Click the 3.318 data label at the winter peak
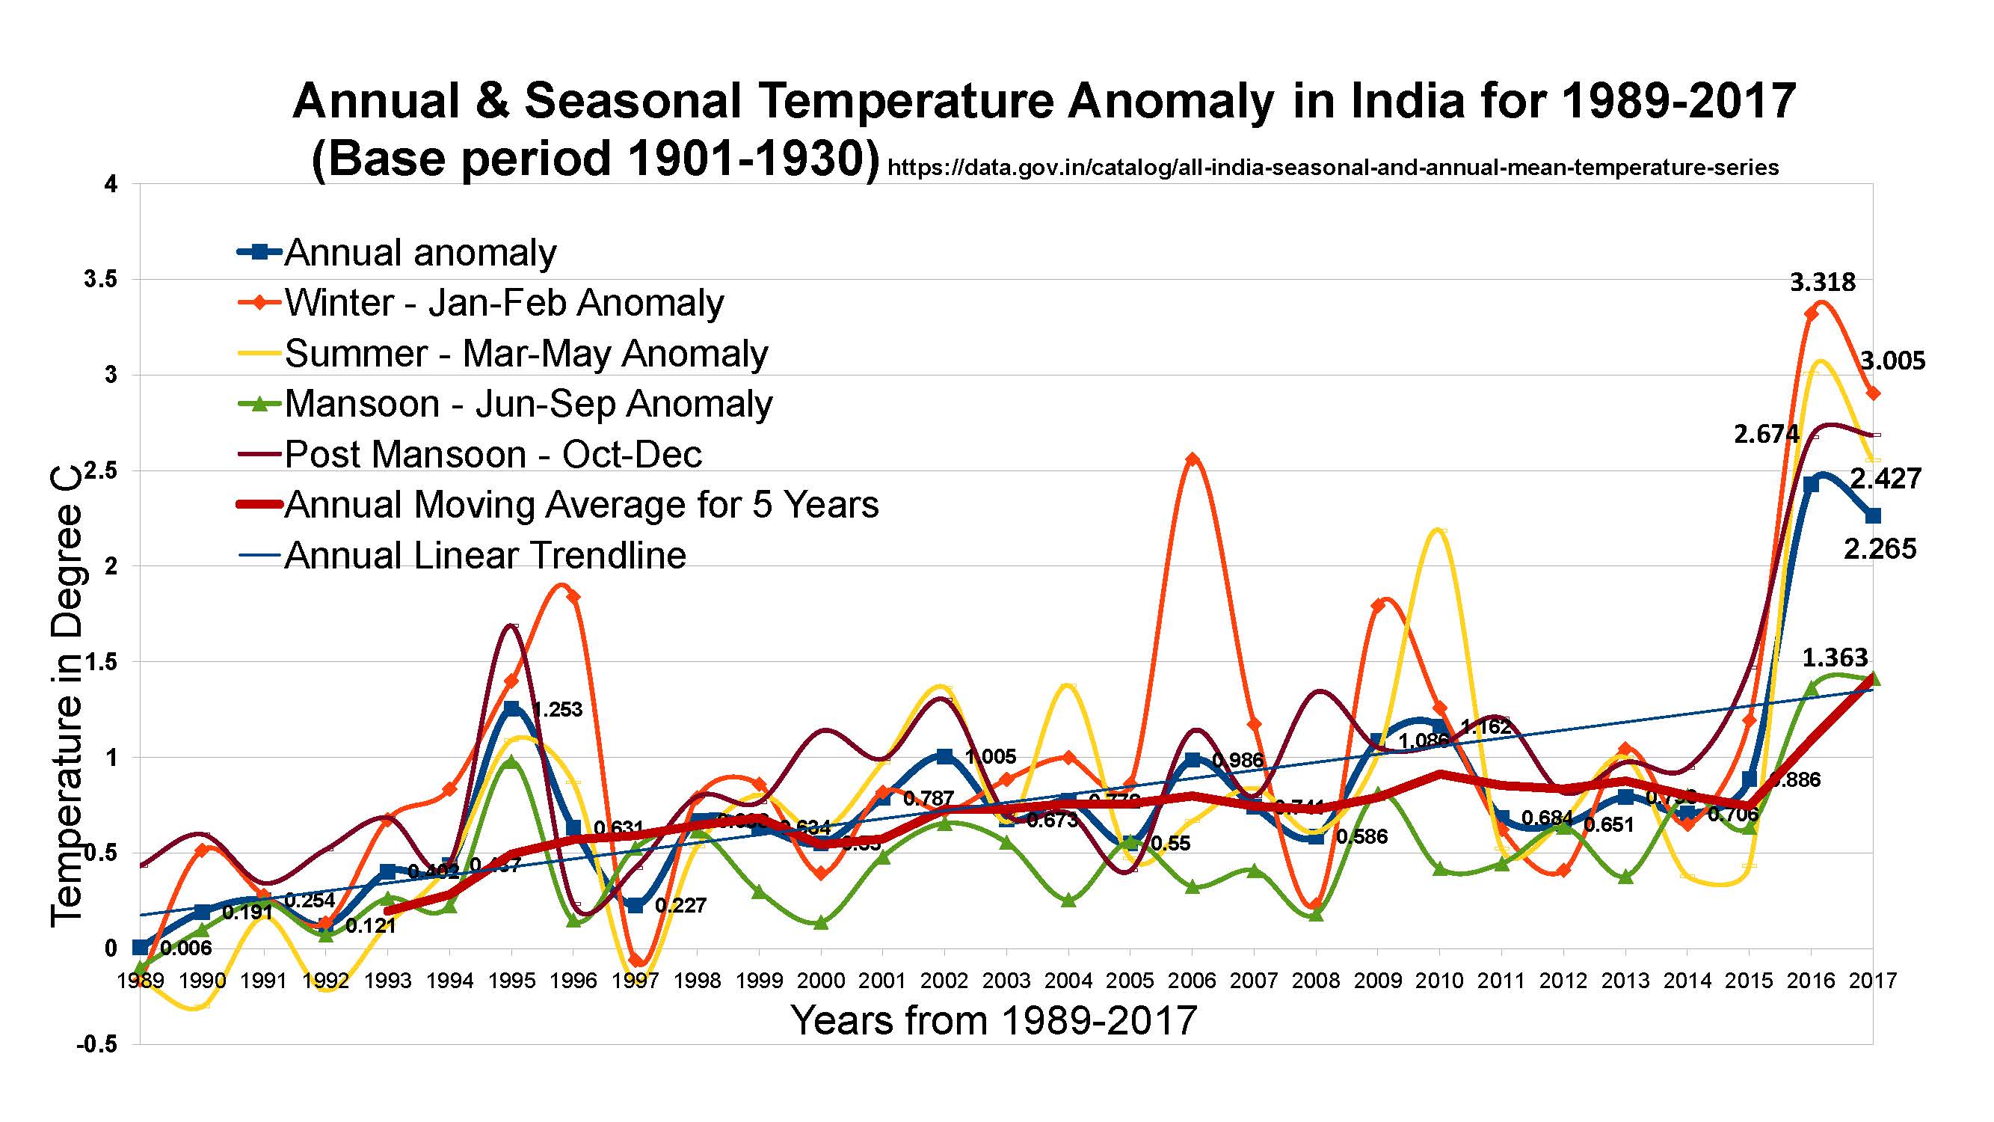tap(1822, 283)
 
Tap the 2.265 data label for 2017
tap(1880, 549)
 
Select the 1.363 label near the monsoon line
tap(1835, 657)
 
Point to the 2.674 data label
tap(1767, 435)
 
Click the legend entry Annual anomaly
tap(419, 252)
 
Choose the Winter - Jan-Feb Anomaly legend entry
tap(504, 303)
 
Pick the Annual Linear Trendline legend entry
tap(485, 555)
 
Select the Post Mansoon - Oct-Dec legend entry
tap(493, 455)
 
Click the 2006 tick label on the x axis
tap(1192, 981)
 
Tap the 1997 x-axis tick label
tap(636, 981)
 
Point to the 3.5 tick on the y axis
tap(101, 280)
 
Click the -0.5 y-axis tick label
tap(96, 1044)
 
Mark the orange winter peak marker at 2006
tap(1193, 459)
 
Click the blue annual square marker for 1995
tap(511, 708)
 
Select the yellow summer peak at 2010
tap(1440, 530)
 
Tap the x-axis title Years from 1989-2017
tap(994, 1020)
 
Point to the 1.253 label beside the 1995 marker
tap(556, 709)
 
